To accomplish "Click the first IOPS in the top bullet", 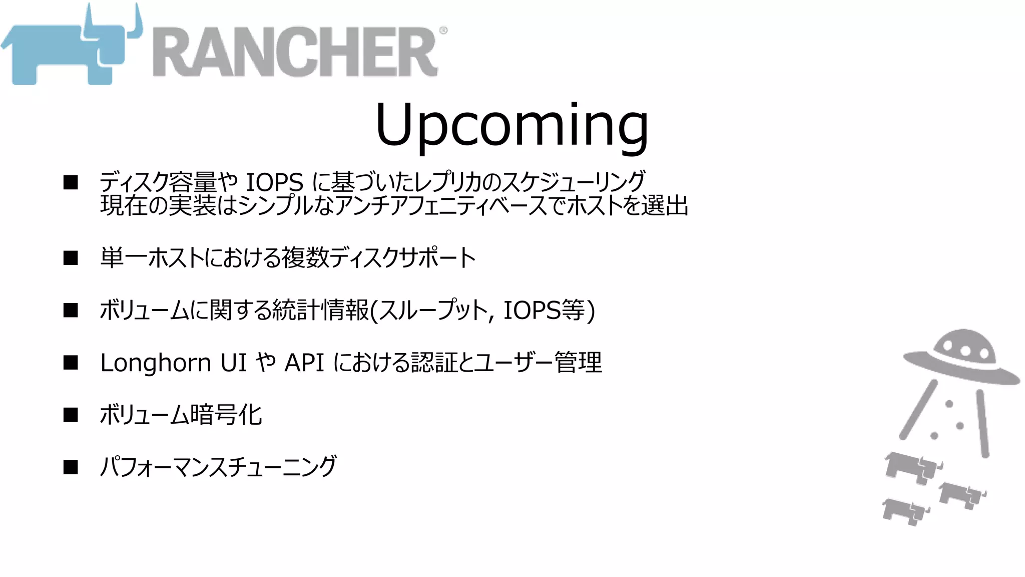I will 274,182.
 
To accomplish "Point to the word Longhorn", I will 156,363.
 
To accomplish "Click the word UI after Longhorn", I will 234,362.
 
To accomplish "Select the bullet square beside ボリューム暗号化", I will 71,415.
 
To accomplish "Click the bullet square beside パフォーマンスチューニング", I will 71,467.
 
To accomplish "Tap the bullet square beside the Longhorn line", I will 71,362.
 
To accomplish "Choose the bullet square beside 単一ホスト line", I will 71,258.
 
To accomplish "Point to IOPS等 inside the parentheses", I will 544,310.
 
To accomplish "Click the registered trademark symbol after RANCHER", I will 443,30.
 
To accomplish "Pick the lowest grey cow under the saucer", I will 905,511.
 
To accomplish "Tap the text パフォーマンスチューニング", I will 218,467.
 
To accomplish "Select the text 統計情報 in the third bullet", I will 320,310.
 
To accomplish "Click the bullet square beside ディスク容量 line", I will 71,182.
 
